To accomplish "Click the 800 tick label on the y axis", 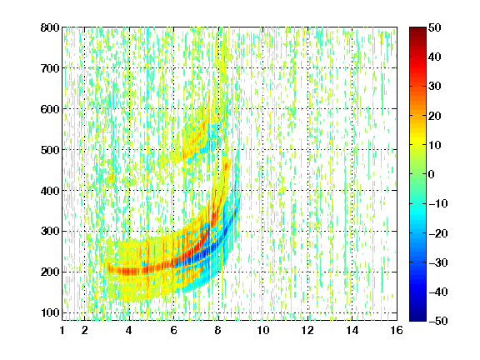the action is point(50,27).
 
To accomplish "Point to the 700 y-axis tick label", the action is point(50,68).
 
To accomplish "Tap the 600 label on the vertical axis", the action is point(50,109).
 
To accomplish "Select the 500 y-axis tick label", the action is point(50,150).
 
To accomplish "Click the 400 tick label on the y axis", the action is point(50,191).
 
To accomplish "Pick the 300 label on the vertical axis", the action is point(50,232).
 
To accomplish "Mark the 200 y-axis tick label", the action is point(50,272).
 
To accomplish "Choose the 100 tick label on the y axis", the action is point(50,312).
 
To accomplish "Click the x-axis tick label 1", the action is point(62,330).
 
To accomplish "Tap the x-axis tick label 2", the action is point(85,330).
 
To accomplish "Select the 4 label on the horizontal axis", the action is point(129,330).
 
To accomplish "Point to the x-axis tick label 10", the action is point(263,330).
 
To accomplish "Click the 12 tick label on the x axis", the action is point(307,330).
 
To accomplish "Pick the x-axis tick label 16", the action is point(397,330).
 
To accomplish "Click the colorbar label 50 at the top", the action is point(434,27).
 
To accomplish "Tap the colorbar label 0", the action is point(431,174).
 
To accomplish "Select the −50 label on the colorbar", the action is point(438,321).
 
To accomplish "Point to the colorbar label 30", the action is point(434,87).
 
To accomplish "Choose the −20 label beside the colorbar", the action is point(438,233).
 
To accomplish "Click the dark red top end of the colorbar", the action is point(417,29).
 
